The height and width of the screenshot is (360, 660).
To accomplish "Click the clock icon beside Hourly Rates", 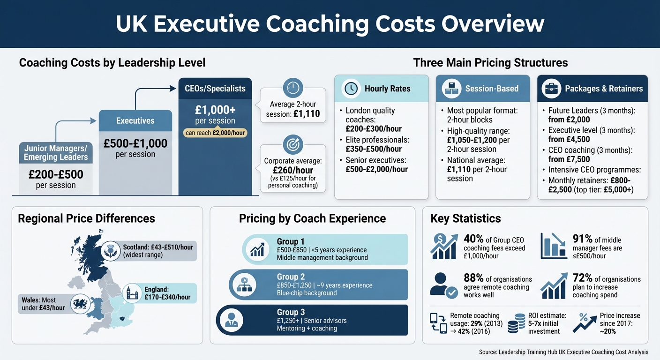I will pyautogui.click(x=351, y=89).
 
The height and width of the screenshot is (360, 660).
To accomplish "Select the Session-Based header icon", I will pyautogui.click(x=451, y=89).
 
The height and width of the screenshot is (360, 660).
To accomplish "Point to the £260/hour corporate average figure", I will pyautogui.click(x=293, y=171).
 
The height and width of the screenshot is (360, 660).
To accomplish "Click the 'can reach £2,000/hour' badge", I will pyautogui.click(x=215, y=132).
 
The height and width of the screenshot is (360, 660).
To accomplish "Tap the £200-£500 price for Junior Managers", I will pyautogui.click(x=56, y=174).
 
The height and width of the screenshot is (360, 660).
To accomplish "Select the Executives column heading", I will pyautogui.click(x=135, y=120).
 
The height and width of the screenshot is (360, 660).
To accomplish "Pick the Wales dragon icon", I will pyautogui.click(x=79, y=304).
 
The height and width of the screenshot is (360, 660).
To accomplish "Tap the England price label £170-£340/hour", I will pyautogui.click(x=167, y=297).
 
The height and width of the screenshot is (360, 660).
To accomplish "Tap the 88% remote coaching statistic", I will pyautogui.click(x=473, y=279).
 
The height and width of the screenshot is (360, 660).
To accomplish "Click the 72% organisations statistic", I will pyautogui.click(x=582, y=279).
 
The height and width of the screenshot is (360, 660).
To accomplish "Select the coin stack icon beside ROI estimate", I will pyautogui.click(x=516, y=323).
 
